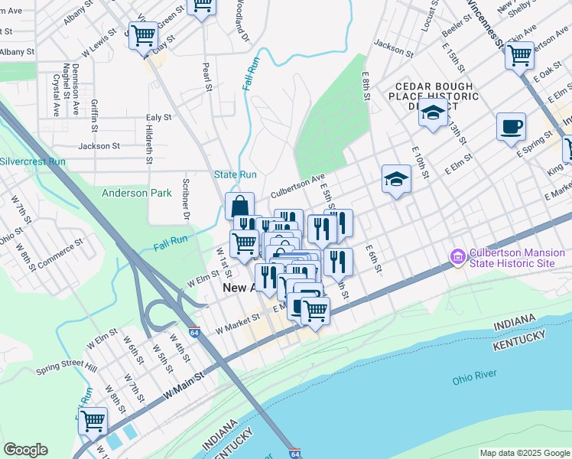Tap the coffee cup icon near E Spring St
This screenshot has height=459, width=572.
pyautogui.click(x=511, y=127)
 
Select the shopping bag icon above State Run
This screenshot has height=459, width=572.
pyautogui.click(x=239, y=206)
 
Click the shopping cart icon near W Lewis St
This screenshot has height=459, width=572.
pyautogui.click(x=143, y=35)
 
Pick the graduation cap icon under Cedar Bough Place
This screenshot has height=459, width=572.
pyautogui.click(x=434, y=115)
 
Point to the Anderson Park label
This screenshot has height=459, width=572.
pyautogui.click(x=137, y=194)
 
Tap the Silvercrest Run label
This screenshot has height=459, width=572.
pyautogui.click(x=33, y=161)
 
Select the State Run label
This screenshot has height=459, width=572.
pyautogui.click(x=236, y=175)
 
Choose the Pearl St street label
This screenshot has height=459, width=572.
pyautogui.click(x=207, y=76)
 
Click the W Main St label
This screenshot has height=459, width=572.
pyautogui.click(x=184, y=386)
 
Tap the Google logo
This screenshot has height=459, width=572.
pyautogui.click(x=25, y=450)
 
